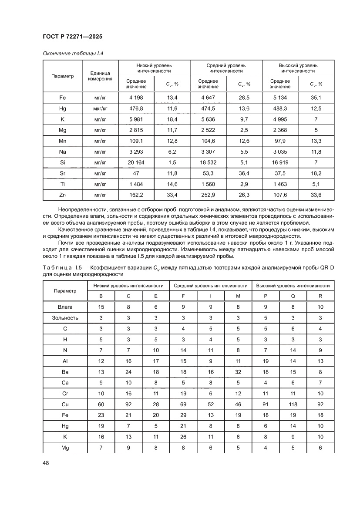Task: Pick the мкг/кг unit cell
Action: coord(100,108)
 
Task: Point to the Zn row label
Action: coord(62,194)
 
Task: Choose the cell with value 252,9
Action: coord(208,194)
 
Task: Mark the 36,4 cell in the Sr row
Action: coord(244,173)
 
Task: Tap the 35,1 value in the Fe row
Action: coord(316,97)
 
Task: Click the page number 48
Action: coord(46,462)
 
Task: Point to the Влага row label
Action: coord(65,307)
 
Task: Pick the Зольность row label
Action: coord(65,317)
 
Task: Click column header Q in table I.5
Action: coord(293,296)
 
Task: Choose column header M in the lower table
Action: coord(238,296)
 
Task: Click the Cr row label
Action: coord(65,393)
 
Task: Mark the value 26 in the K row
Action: coord(183,436)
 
